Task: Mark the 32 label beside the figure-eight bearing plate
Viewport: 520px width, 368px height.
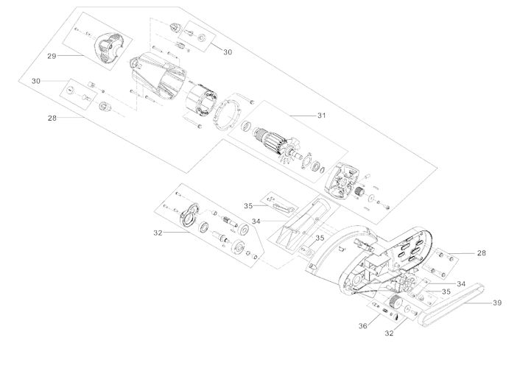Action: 158,233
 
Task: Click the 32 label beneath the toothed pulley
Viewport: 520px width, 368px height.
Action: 390,333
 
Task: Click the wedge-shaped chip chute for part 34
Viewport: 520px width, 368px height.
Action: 301,221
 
